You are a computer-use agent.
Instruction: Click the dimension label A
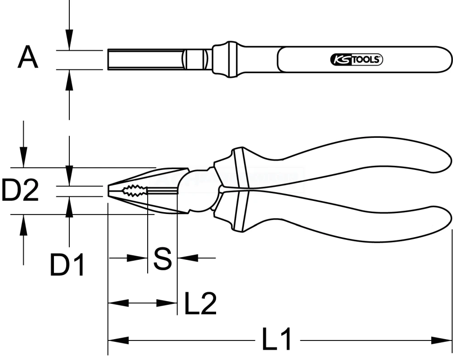pos(28,58)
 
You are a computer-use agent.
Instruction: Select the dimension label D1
pos(67,266)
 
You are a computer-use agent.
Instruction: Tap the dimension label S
pos(162,258)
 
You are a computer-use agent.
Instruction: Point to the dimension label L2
pos(200,303)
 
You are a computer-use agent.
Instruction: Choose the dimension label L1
pos(277,340)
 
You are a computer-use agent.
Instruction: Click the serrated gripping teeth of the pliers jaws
pos(134,191)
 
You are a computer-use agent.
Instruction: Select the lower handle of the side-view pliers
pos(344,222)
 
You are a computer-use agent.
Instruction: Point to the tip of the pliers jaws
pos(109,191)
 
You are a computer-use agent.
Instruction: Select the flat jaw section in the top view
pos(145,59)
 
